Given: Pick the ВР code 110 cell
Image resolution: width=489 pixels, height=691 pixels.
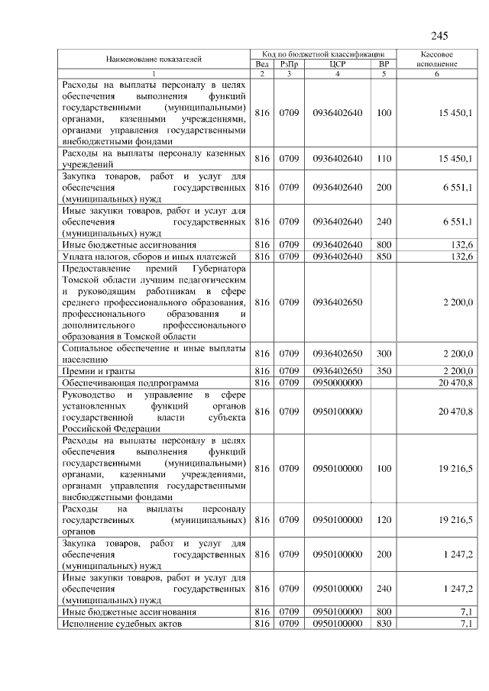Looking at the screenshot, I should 384,159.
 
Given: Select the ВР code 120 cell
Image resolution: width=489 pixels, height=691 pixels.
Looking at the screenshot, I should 384,519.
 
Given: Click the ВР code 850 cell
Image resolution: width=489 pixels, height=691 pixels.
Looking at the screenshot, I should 384,256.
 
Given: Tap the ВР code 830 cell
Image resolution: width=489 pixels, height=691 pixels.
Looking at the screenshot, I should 384,624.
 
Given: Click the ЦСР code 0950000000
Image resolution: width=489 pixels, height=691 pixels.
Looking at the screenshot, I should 337,383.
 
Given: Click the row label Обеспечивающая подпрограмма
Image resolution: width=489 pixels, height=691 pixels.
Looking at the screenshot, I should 130,383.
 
